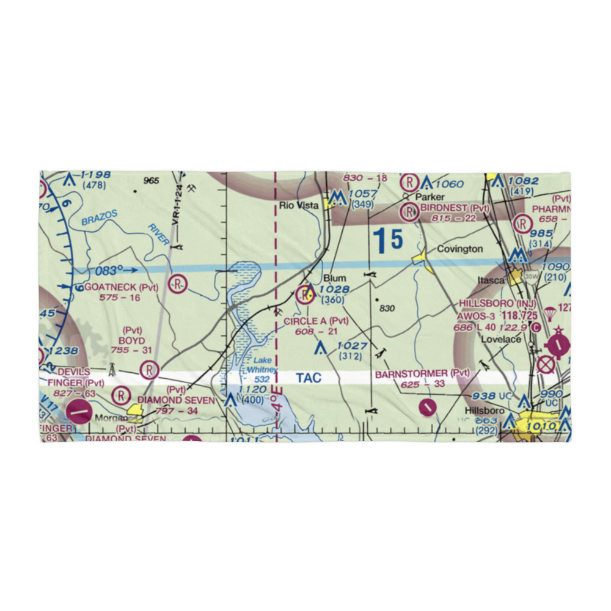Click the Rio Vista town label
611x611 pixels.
(299, 205)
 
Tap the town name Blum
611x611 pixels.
(335, 278)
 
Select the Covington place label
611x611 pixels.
(459, 249)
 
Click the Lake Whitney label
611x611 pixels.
(261, 365)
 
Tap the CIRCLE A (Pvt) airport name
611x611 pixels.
(315, 321)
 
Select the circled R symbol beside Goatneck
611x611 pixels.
(178, 284)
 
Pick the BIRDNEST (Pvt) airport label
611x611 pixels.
(455, 208)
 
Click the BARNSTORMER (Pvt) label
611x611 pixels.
(423, 373)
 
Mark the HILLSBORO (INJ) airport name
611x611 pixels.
(500, 303)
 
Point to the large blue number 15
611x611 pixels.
(389, 240)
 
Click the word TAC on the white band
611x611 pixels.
(309, 378)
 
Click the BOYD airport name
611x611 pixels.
(132, 340)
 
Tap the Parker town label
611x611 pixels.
(428, 198)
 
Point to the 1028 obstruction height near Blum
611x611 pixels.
(334, 289)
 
